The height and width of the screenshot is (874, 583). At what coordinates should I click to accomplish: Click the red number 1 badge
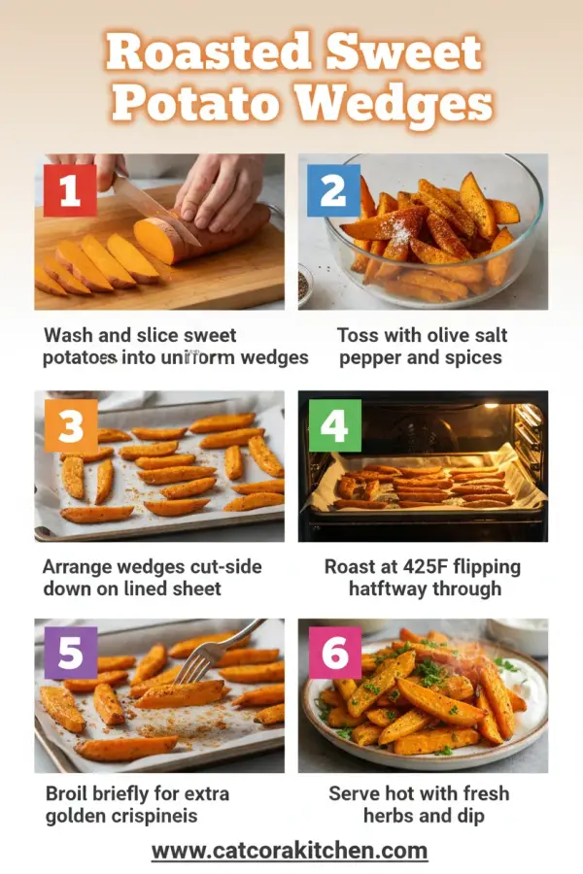point(70,190)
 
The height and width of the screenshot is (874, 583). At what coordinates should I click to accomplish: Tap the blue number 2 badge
point(333,190)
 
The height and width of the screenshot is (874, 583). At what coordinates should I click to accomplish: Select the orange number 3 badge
point(70,426)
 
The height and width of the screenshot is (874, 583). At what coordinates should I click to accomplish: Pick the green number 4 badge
point(334,426)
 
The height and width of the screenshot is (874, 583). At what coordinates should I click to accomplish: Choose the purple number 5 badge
point(70,653)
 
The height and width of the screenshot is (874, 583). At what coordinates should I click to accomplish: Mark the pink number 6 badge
point(334,653)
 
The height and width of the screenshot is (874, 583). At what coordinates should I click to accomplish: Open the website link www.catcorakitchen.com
point(290,851)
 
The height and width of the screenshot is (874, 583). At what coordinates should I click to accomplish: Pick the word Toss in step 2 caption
point(360,335)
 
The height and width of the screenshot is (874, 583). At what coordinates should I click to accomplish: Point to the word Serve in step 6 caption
point(355,793)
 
